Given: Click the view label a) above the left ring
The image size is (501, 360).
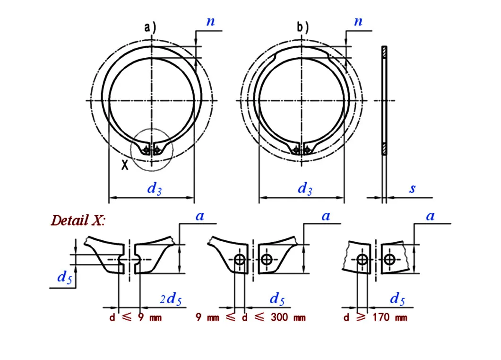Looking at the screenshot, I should click(150, 28).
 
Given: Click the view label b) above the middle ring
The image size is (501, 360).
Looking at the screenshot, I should click(302, 27).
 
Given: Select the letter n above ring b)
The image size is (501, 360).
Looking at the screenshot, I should click(358, 21).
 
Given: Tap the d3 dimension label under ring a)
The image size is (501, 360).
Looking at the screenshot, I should click(155, 189).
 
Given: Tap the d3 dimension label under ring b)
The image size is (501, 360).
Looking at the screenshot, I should click(305, 189).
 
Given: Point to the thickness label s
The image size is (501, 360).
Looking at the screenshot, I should click(412, 189).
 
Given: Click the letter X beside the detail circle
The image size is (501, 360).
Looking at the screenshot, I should click(124, 165).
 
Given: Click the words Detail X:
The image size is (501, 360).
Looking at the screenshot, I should click(79, 220).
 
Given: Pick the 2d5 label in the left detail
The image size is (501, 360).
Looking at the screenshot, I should click(170, 299).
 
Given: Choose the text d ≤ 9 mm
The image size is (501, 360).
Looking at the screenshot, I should click(135, 317).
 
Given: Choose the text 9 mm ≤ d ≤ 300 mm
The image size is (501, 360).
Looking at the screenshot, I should click(250, 317).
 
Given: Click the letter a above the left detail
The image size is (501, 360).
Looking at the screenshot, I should click(199, 216).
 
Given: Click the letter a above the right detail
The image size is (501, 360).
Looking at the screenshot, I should click(430, 216).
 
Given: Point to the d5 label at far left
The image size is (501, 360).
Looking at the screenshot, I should click(64, 278).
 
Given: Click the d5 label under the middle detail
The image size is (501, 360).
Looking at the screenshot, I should click(277, 299).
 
